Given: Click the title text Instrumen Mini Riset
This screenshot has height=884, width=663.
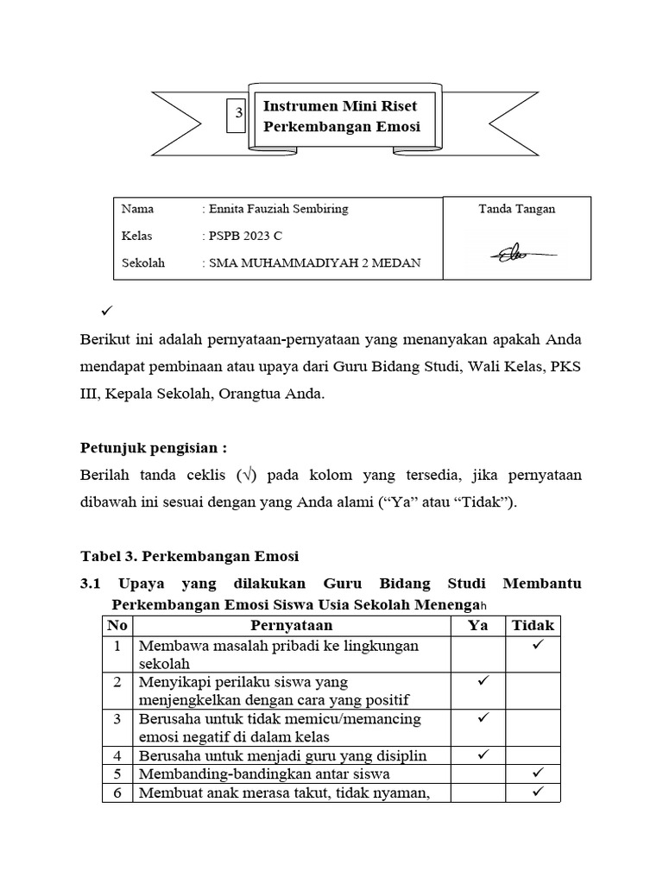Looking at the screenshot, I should [x=339, y=106].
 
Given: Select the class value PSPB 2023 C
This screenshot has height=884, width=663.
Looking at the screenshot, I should [x=243, y=236].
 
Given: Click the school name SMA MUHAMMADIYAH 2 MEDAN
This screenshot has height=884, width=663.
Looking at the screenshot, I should [x=313, y=263].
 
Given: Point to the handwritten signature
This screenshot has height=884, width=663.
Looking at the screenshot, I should [x=516, y=254].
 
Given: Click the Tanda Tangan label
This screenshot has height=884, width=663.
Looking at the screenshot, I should [x=517, y=209].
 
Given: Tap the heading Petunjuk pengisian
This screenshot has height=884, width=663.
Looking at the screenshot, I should [x=153, y=448].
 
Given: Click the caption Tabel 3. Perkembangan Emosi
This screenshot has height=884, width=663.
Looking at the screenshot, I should [x=189, y=555].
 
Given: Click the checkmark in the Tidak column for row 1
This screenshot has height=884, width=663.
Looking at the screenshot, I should [x=536, y=645].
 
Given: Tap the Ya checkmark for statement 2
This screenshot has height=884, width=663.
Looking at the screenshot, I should [x=483, y=682].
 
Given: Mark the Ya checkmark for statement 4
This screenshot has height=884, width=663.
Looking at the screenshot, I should [x=483, y=755].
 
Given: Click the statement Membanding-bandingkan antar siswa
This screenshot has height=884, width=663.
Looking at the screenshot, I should [x=264, y=773].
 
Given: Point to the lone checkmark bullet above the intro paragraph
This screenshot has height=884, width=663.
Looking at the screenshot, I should [x=108, y=309].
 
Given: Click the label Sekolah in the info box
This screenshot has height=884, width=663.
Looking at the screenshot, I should [x=143, y=263].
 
